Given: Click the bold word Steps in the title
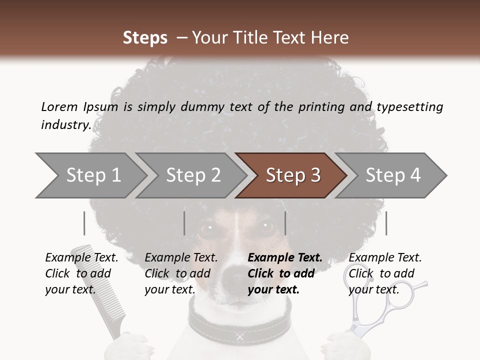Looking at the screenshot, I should point(145,38).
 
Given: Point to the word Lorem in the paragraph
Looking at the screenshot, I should point(59,106).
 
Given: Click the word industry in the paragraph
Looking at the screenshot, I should point(65,125).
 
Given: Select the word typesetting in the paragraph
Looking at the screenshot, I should point(409,106).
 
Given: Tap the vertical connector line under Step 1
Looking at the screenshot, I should point(84,223).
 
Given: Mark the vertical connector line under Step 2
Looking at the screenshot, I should point(184,223).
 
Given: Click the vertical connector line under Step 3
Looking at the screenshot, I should point(285,223).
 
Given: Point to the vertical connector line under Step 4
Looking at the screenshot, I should point(386,223).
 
